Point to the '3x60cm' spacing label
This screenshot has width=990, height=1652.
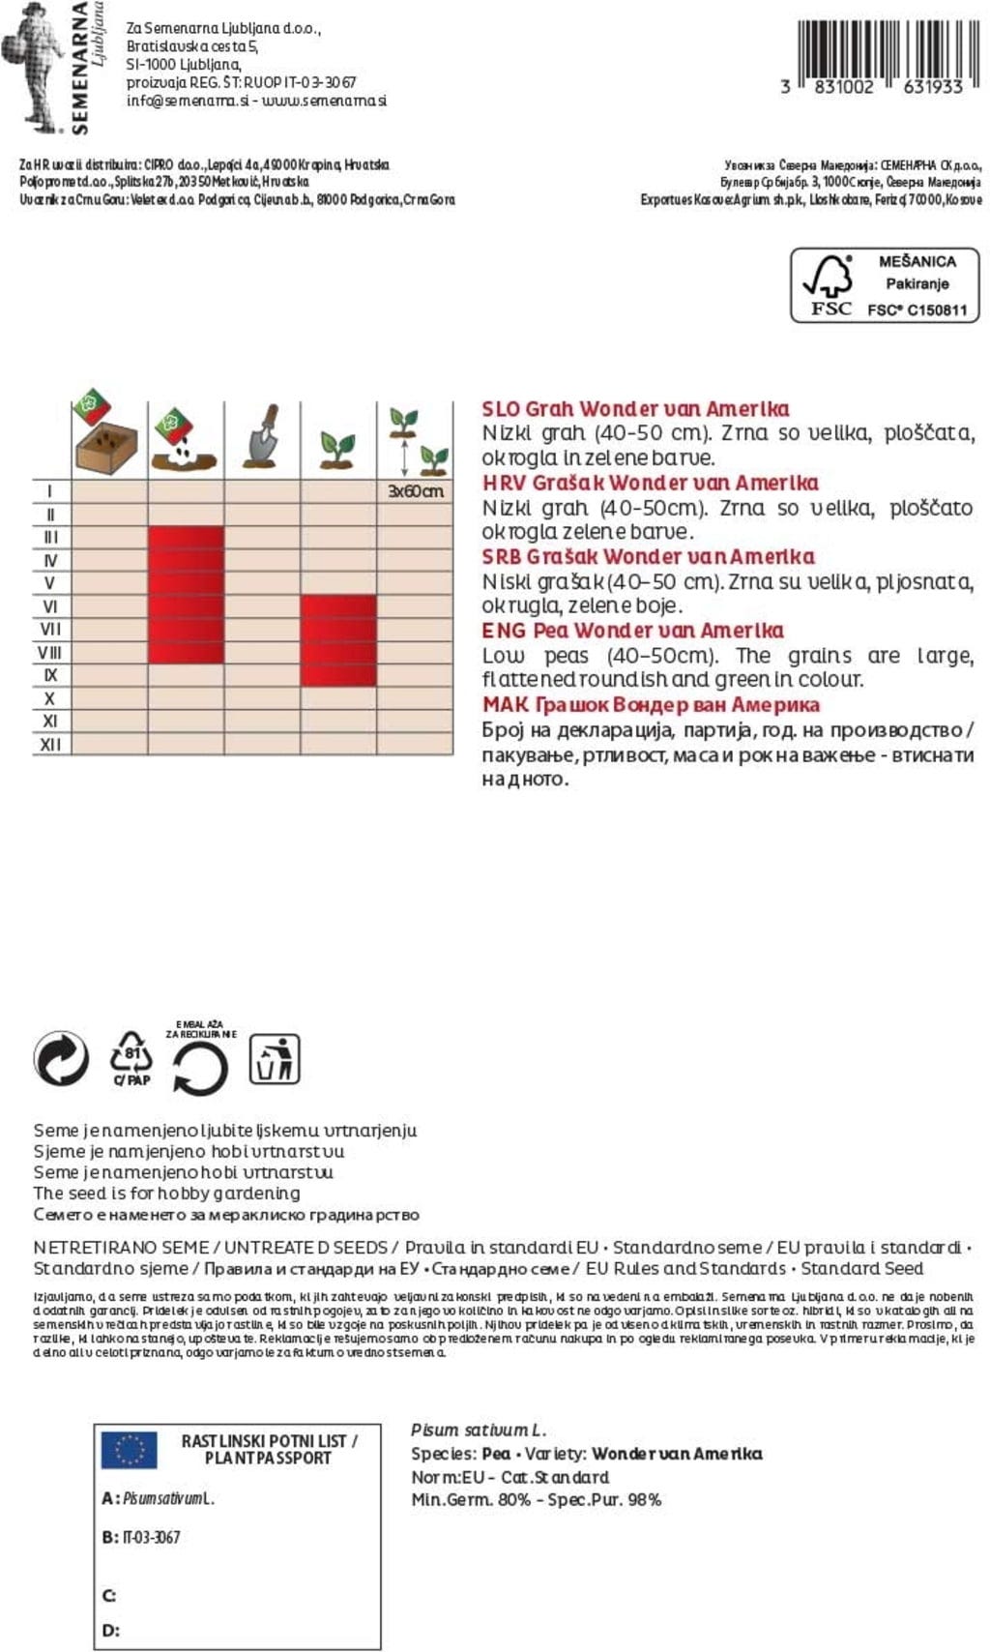click(x=415, y=491)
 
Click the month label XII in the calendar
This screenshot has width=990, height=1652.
click(x=50, y=745)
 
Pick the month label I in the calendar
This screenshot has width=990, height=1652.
click(x=50, y=491)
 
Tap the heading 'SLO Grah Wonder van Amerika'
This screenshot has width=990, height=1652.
click(x=635, y=408)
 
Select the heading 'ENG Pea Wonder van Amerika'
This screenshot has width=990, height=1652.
click(x=632, y=631)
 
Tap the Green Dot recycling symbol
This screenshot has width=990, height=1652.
click(x=61, y=1057)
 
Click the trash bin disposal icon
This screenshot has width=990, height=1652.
click(x=275, y=1058)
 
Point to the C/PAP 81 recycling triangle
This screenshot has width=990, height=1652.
click(x=131, y=1058)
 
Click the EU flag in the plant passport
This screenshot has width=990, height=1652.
click(x=129, y=1450)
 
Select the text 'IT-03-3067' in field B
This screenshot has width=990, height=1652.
click(x=151, y=1537)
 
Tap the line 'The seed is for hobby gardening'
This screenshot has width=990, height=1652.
click(x=166, y=1193)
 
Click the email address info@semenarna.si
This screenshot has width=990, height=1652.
click(x=188, y=101)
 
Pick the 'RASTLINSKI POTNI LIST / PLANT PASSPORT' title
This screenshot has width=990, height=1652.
click(x=269, y=1449)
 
